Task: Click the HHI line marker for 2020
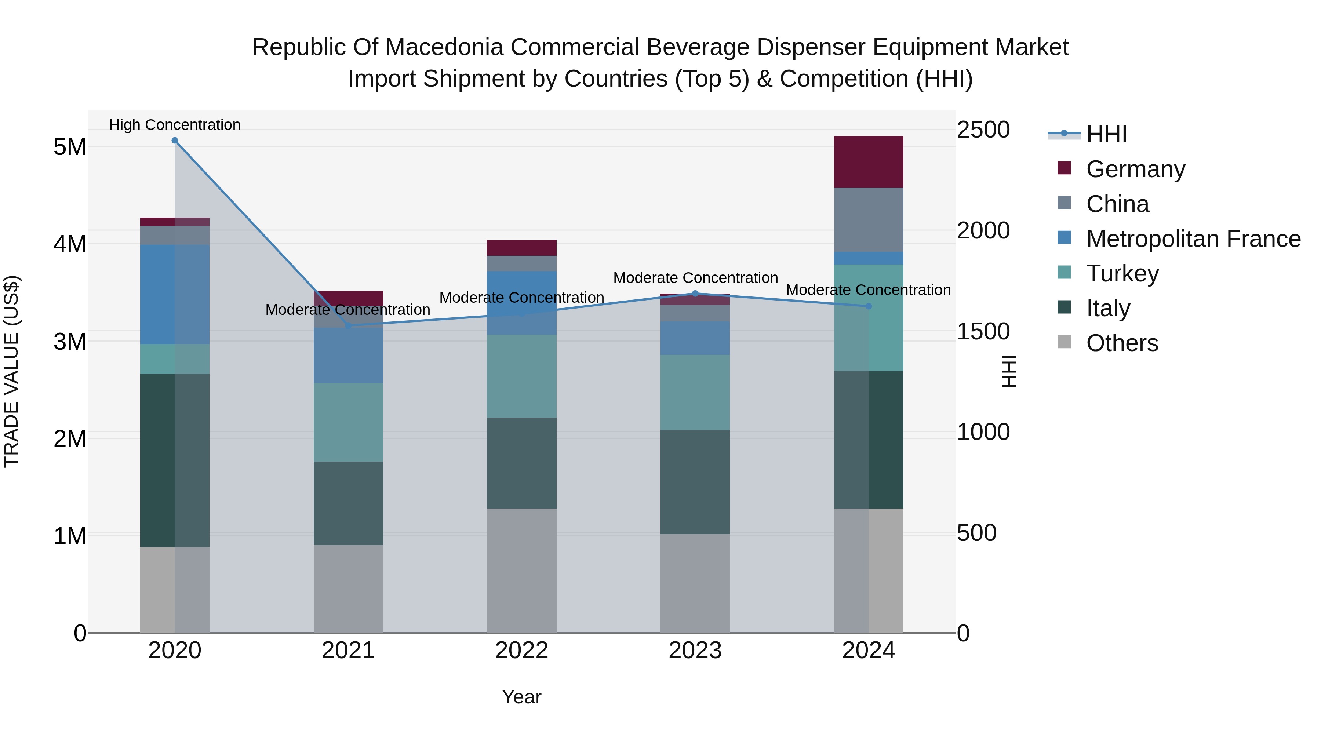(x=175, y=141)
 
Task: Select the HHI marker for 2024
(x=869, y=306)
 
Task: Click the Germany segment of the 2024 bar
(x=869, y=162)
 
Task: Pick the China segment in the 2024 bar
(x=869, y=220)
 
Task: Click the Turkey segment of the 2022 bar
(x=521, y=376)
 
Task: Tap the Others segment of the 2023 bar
(x=695, y=583)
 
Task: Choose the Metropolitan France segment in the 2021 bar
(x=348, y=355)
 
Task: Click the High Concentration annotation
(x=175, y=125)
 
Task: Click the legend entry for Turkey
(x=1122, y=273)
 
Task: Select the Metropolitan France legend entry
(x=1193, y=238)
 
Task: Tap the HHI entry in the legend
(x=1106, y=134)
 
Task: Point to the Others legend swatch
(x=1064, y=342)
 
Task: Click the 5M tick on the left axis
(x=70, y=147)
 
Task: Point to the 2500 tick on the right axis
(x=983, y=130)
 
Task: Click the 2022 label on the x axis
(x=521, y=651)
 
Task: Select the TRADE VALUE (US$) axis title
(x=11, y=371)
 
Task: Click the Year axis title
(x=521, y=697)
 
